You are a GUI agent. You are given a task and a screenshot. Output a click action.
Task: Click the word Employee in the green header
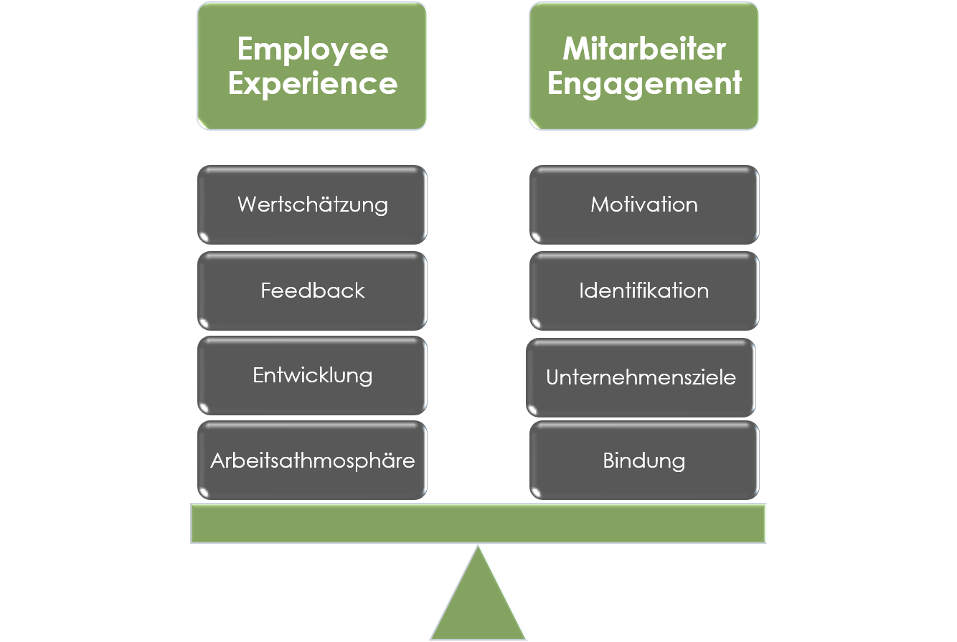coord(312,49)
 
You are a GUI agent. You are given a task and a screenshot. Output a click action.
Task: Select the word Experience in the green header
coord(312,84)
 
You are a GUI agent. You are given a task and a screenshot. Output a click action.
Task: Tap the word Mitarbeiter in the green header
coord(644,49)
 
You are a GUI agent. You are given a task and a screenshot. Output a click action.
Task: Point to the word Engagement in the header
coord(644,84)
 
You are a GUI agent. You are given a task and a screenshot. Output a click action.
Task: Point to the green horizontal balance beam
coord(478,523)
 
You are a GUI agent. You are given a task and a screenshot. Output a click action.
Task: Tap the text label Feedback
coord(313,291)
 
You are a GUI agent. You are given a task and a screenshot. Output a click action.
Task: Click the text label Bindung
coord(644,461)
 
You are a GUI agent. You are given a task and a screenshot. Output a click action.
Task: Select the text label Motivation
coord(644,204)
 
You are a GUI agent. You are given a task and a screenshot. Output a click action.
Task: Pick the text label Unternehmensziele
coord(641,377)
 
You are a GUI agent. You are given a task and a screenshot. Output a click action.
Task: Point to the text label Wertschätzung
coord(313,204)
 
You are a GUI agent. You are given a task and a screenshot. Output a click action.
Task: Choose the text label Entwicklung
coord(313,375)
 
